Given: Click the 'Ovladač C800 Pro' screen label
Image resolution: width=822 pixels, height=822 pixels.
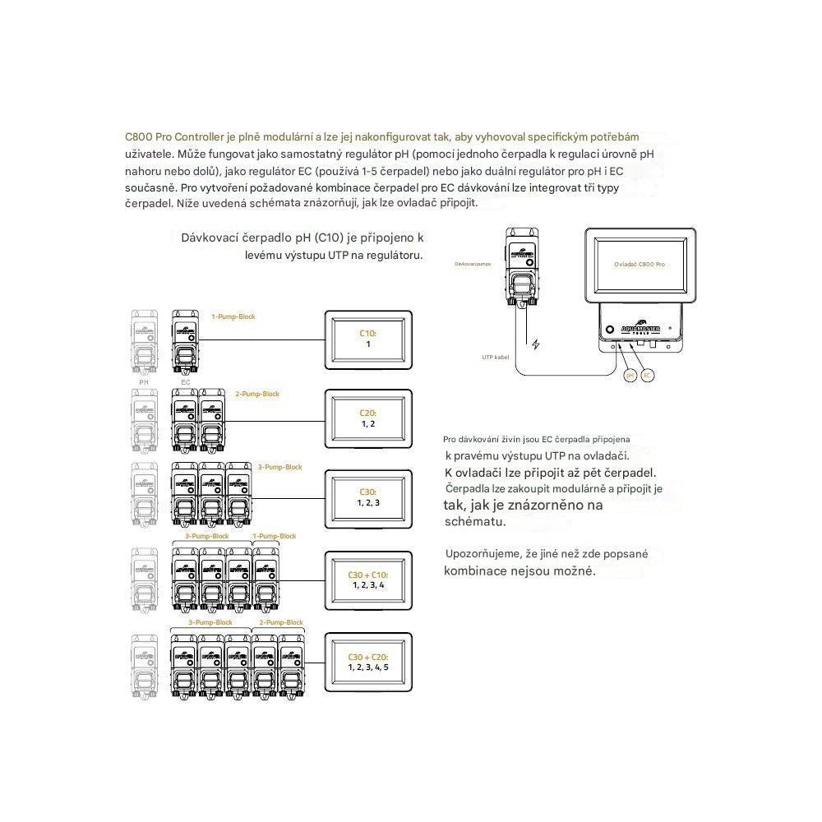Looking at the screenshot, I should [x=640, y=264].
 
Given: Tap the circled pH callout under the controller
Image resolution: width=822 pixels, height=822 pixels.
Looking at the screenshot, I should [x=630, y=375].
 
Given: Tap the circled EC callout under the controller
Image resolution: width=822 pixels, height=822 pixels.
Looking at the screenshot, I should [x=649, y=375].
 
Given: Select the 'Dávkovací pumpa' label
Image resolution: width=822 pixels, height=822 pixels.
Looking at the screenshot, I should [x=473, y=264].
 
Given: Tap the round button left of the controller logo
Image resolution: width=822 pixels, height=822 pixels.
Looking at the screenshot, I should [x=610, y=330].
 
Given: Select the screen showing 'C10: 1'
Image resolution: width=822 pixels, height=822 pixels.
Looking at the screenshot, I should [x=368, y=340].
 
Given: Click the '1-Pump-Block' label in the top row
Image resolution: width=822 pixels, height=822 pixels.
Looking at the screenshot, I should [x=233, y=316].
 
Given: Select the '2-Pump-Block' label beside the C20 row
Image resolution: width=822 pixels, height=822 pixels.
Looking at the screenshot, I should [x=257, y=395].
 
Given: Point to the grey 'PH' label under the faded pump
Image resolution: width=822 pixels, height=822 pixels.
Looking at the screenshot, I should [x=144, y=381].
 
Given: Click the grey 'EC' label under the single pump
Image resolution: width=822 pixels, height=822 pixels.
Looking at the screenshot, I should [x=185, y=381].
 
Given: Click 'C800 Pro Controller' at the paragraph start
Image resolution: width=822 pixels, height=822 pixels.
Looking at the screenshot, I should [x=173, y=136].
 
